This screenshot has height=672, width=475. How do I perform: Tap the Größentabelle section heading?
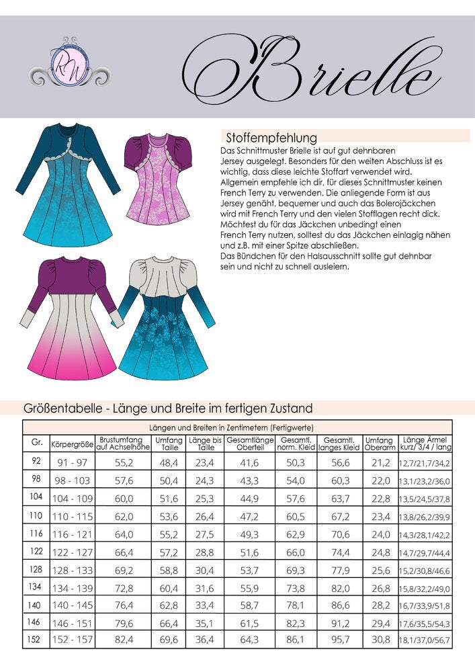168,408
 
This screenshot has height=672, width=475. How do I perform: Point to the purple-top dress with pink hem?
70,316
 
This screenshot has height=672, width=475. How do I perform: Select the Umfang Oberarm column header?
379,444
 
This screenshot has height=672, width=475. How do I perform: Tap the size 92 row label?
36,462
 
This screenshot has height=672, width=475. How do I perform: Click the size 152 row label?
36,639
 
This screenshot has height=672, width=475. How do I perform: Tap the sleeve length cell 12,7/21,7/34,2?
425,462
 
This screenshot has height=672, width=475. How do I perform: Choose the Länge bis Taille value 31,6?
201,587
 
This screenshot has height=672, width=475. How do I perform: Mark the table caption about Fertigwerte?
231,427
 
